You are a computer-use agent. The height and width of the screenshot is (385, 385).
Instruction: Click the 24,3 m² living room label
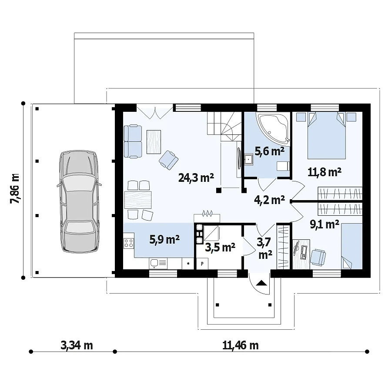click(196, 177)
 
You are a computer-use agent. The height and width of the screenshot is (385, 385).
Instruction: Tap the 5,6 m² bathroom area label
click(269, 151)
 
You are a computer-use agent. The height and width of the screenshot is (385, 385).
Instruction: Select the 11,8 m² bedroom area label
click(325, 172)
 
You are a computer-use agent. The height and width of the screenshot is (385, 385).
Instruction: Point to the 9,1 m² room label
click(325, 224)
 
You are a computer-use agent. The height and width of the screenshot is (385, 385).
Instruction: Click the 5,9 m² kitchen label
click(164, 239)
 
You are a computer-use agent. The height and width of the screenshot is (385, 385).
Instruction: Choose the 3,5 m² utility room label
click(220, 247)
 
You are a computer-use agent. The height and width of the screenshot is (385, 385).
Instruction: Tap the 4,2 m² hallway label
click(269, 200)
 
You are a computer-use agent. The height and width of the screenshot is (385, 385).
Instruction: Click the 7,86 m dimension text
click(15, 188)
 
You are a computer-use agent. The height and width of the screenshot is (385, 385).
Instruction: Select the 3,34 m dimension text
click(77, 345)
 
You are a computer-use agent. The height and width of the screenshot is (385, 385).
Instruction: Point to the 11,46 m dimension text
click(241, 345)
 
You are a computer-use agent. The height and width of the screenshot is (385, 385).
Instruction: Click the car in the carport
click(79, 201)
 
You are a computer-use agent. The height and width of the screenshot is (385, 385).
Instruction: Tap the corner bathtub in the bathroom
click(273, 128)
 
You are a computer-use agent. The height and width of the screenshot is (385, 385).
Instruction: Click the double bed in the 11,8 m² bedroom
click(326, 136)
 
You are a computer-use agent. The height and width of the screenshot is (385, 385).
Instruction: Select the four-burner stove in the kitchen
click(129, 243)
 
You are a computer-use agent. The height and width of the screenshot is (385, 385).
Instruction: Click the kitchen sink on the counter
click(158, 264)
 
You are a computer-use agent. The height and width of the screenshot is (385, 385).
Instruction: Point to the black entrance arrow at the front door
click(261, 283)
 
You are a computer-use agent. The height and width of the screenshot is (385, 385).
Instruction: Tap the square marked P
click(202, 264)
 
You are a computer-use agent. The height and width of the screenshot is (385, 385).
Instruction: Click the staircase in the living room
click(224, 126)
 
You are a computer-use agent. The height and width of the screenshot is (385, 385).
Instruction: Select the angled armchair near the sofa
click(168, 160)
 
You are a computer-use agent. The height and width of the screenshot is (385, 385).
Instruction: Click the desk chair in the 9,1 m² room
click(318, 257)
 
